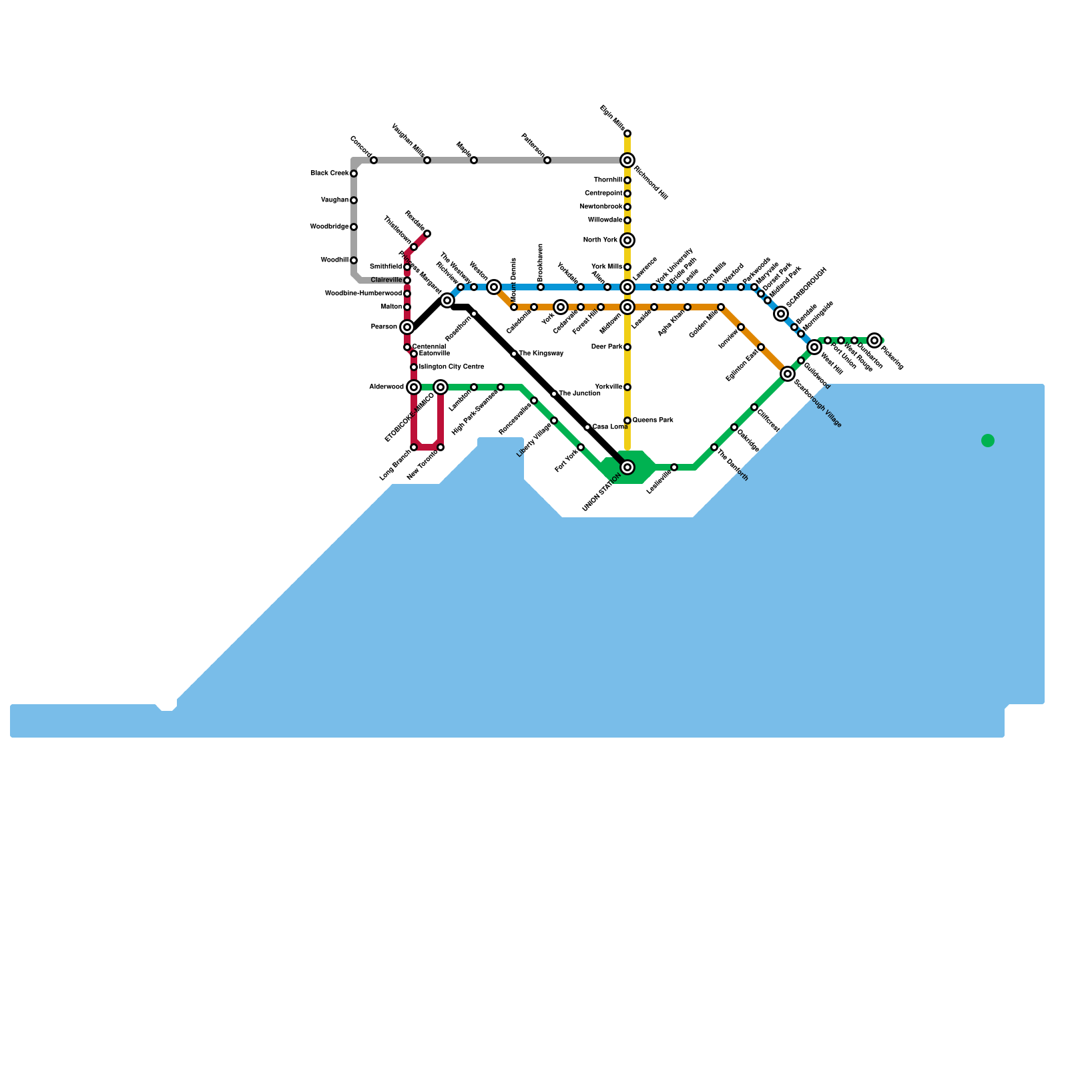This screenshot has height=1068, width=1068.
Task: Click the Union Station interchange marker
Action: click(627, 467)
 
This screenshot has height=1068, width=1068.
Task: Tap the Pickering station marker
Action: click(874, 340)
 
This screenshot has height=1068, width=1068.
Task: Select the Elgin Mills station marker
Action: click(627, 133)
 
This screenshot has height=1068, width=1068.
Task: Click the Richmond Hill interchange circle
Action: click(627, 160)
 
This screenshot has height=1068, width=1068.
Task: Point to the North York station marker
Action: click(627, 240)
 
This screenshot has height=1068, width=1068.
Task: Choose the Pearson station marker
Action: click(407, 327)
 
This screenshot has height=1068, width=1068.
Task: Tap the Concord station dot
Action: click(374, 160)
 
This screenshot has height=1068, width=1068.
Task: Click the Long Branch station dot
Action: click(414, 447)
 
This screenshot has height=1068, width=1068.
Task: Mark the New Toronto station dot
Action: click(441, 447)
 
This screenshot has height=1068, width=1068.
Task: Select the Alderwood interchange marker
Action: click(414, 387)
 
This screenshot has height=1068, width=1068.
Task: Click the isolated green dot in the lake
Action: click(988, 441)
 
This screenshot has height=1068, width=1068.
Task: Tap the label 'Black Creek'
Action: click(329, 174)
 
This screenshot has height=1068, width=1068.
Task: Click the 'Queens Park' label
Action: click(653, 421)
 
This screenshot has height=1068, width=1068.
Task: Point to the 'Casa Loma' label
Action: click(610, 427)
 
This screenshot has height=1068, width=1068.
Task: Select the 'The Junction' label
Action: click(579, 394)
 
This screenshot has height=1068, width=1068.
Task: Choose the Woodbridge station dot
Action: click(354, 227)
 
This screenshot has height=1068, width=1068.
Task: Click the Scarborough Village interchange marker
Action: click(788, 374)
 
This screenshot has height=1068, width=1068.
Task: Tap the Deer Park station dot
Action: click(627, 347)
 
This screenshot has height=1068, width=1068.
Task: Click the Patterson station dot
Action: click(547, 160)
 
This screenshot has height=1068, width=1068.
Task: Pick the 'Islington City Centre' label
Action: click(451, 367)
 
